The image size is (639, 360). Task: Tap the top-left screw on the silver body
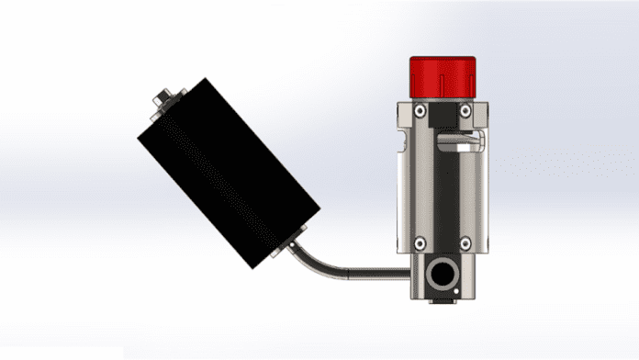(419, 111)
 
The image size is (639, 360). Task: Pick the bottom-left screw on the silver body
(419, 243)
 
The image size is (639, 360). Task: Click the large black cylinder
(229, 174)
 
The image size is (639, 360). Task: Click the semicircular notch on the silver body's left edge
(401, 141)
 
